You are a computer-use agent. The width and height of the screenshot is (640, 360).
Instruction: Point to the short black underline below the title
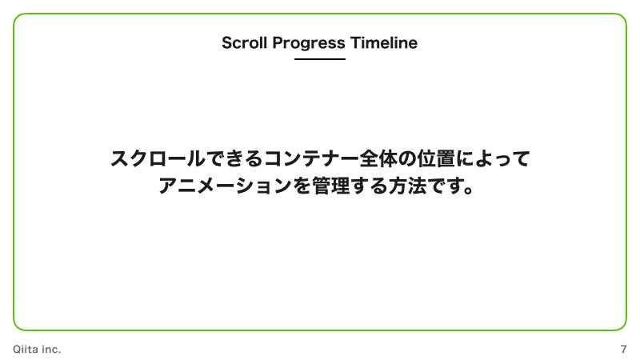click(x=320, y=59)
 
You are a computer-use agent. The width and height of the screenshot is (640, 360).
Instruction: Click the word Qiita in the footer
click(x=26, y=350)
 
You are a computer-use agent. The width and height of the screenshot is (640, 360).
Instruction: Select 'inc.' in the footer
click(x=51, y=350)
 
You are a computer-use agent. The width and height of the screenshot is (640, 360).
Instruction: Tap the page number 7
click(x=623, y=350)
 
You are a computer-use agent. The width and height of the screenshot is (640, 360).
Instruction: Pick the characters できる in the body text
click(x=234, y=158)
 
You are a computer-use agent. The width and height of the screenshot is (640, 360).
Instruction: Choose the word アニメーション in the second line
click(x=224, y=187)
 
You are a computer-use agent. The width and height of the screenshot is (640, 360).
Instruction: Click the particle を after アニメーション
click(x=301, y=187)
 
